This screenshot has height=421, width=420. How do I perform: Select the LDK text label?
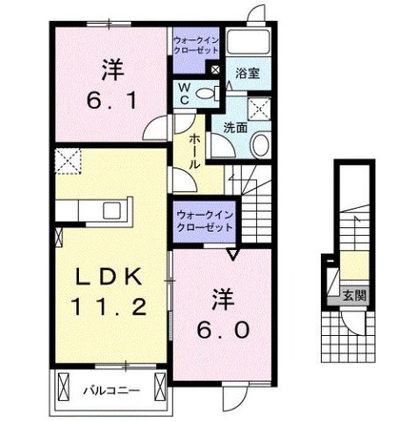click(x=109, y=279)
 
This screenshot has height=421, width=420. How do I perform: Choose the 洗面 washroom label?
click(x=234, y=128)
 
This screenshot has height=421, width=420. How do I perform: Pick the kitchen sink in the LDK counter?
click(x=113, y=210)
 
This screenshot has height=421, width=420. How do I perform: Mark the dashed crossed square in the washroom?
click(x=261, y=109)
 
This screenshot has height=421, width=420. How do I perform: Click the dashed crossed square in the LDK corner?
click(x=68, y=161)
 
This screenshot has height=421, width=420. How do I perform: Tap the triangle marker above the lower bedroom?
click(x=233, y=255)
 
